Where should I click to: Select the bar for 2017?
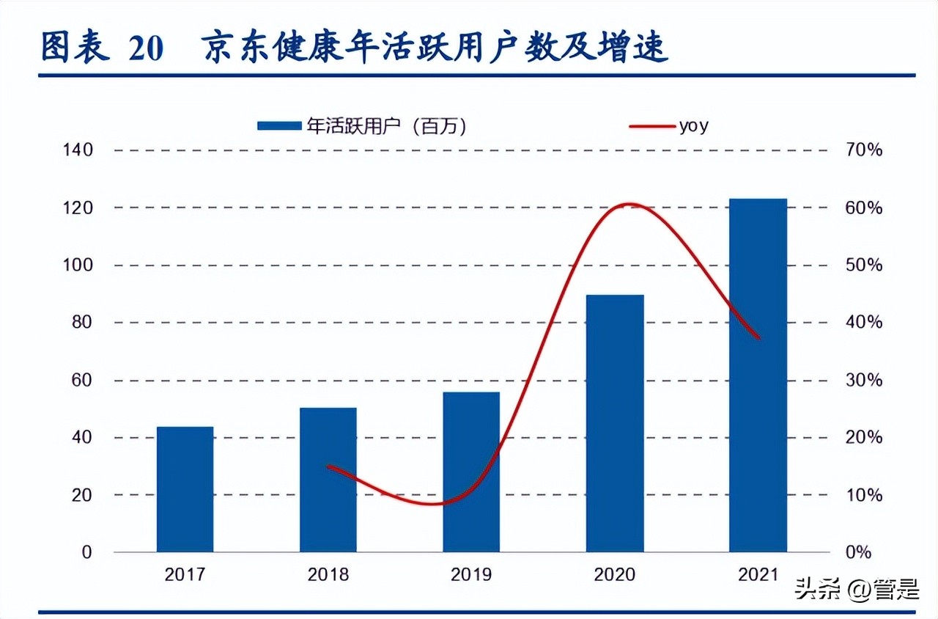[x=185, y=489]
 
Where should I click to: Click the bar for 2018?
[x=328, y=480]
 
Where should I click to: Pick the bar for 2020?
[x=615, y=423]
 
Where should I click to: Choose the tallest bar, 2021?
[x=758, y=375]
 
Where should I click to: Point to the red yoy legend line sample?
[x=651, y=126]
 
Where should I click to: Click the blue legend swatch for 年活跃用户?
[x=278, y=126]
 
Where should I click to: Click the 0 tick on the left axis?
[x=86, y=552]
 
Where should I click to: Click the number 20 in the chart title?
[x=146, y=48]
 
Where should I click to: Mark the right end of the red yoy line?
[x=759, y=337]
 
